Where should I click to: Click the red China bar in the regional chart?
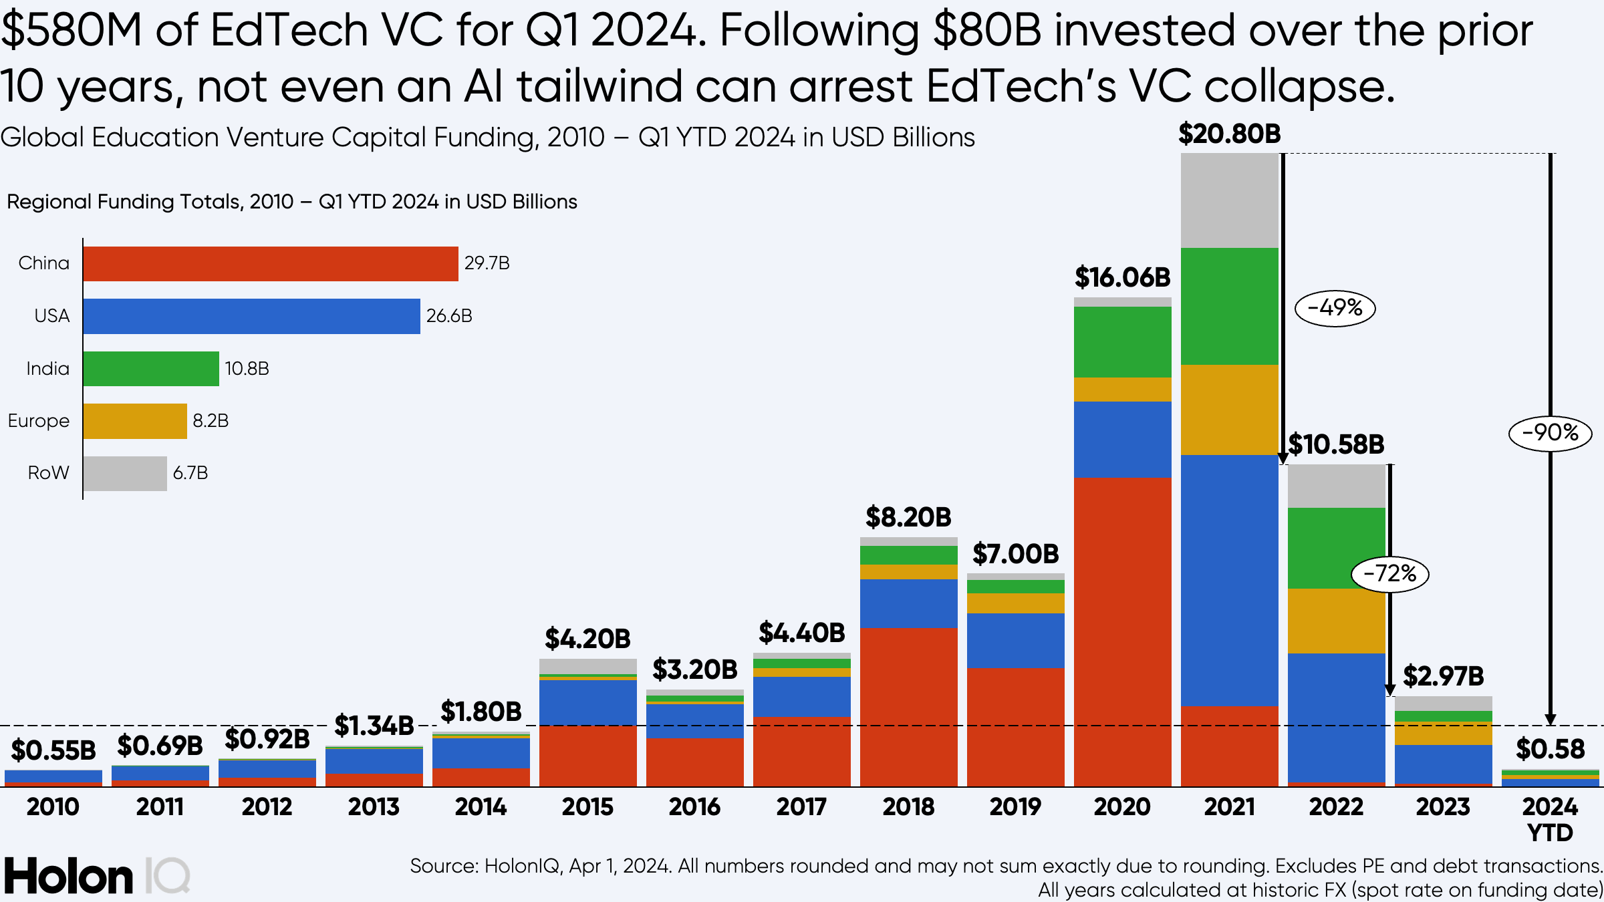click(x=271, y=264)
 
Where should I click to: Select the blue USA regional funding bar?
click(x=251, y=316)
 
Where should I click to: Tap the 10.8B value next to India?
click(x=247, y=369)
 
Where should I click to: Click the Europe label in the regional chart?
click(x=39, y=421)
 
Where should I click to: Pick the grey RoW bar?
click(x=125, y=474)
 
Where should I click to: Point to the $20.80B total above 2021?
click(x=1229, y=134)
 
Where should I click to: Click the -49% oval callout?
click(x=1335, y=308)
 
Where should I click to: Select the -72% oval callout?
click(x=1389, y=574)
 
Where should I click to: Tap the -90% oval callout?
click(x=1550, y=433)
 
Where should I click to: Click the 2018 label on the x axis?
click(x=908, y=807)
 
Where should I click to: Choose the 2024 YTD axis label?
click(x=1550, y=820)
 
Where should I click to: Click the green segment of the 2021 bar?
click(x=1229, y=306)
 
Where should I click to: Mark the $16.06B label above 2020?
click(x=1122, y=277)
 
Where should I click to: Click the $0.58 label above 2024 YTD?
click(x=1550, y=749)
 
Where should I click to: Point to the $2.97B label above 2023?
click(x=1443, y=677)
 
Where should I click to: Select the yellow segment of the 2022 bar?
click(x=1336, y=621)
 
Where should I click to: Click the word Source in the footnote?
click(x=443, y=867)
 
